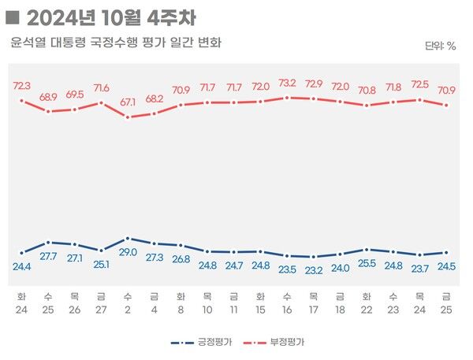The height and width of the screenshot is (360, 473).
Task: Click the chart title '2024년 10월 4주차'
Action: [x=111, y=17]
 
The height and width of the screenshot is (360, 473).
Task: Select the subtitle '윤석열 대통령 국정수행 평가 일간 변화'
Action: [x=116, y=43]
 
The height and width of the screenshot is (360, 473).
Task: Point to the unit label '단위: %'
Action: [x=440, y=46]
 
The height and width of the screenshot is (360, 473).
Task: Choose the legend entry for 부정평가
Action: [x=277, y=343]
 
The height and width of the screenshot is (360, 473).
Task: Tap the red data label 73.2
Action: [x=288, y=83]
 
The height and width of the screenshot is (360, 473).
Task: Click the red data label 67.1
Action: [x=128, y=102]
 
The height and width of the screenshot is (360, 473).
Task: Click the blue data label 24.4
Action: [x=21, y=266]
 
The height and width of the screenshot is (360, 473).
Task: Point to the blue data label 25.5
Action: [x=367, y=263]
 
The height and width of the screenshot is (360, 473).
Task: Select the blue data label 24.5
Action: [x=448, y=266]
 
